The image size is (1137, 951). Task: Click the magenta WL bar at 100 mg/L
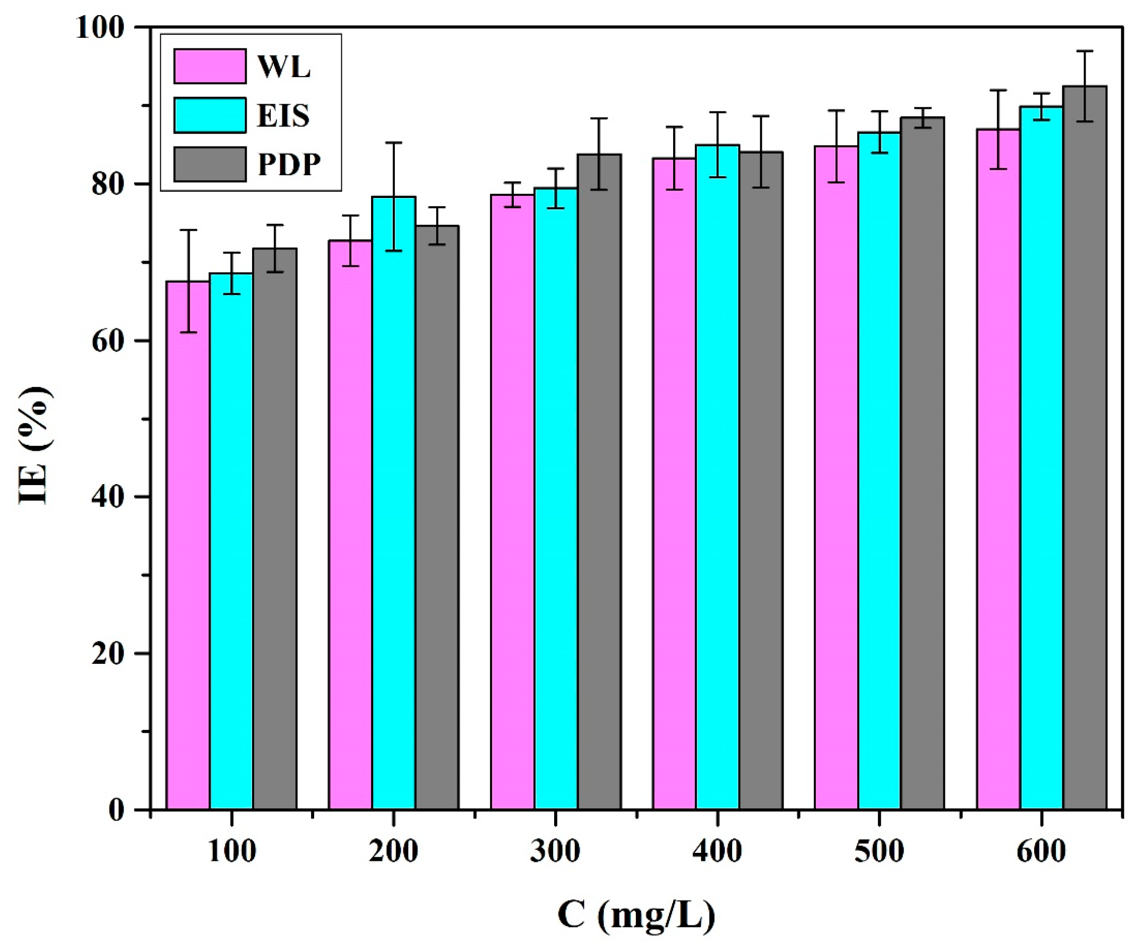[x=188, y=547]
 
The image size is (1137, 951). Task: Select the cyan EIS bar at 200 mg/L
[x=394, y=503]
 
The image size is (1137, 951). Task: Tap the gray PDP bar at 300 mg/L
[x=599, y=482]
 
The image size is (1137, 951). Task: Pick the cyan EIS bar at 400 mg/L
[x=717, y=476]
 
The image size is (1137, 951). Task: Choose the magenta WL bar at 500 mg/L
[x=836, y=476]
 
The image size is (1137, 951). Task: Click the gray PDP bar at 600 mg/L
[x=1085, y=449]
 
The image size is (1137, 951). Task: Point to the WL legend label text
[x=284, y=66]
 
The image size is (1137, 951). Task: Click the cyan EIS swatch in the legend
[x=210, y=115]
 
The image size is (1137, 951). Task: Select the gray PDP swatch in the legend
[x=210, y=164]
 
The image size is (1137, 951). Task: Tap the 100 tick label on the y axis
[x=100, y=27]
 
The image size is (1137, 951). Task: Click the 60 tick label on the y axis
[x=108, y=341]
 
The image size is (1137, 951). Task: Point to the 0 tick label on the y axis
[x=116, y=810]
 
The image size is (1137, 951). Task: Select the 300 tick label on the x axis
[x=555, y=851]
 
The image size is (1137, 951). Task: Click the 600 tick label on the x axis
[x=1041, y=851]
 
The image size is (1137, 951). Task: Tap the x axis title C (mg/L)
[x=636, y=915]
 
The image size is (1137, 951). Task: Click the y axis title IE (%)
[x=35, y=446]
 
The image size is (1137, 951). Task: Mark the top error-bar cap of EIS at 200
[x=394, y=143]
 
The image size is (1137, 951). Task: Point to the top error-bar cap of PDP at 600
[x=1085, y=51]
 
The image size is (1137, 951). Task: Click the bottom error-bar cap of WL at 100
[x=188, y=332]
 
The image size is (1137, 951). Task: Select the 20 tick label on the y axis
[x=108, y=653]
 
